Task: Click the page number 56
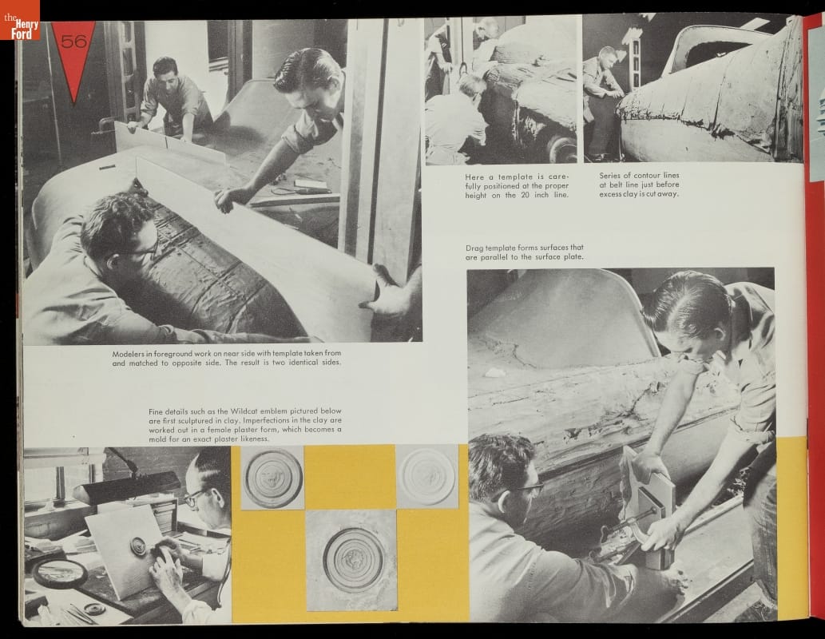click(x=73, y=41)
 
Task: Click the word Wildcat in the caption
click(x=237, y=411)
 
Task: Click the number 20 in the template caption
click(x=525, y=195)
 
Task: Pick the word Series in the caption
click(x=610, y=175)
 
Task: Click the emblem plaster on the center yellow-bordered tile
click(x=352, y=560)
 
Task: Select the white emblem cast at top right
click(x=426, y=476)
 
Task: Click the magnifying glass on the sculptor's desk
click(x=61, y=574)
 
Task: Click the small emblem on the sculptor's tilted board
click(x=139, y=546)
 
